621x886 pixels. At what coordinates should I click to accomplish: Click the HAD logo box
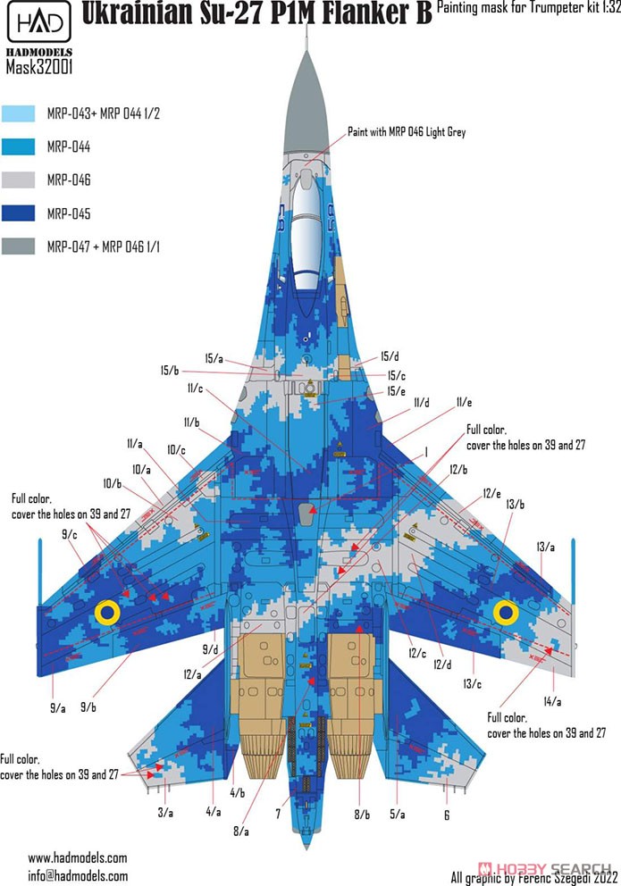39,22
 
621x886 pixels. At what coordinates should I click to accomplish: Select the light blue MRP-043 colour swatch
18,113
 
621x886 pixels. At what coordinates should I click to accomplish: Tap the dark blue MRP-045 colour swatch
18,213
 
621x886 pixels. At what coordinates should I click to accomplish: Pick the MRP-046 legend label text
69,180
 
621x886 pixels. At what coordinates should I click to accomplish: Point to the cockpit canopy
306,231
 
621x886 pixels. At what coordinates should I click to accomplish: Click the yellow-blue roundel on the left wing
107,613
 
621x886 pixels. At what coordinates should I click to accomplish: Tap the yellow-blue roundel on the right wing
506,612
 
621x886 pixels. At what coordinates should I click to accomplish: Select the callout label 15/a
214,358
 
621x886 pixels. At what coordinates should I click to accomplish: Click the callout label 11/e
464,402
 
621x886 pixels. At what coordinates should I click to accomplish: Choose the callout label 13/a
546,547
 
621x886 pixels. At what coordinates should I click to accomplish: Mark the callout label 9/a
58,708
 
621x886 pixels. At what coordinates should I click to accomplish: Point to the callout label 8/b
362,815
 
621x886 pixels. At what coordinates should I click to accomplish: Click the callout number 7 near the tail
278,814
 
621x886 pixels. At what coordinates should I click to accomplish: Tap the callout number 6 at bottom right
447,815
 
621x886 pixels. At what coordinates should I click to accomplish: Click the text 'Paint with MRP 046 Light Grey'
407,131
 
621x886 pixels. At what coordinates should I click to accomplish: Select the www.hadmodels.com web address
78,857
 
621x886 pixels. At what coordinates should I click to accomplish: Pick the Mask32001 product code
39,67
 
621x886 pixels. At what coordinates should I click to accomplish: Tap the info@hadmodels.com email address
78,876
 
